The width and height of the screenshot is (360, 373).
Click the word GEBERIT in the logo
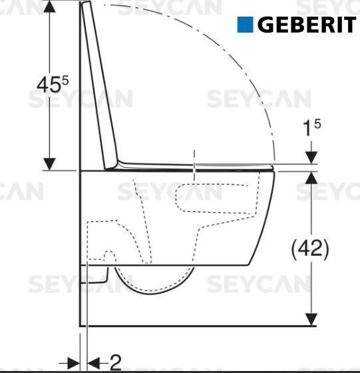306,25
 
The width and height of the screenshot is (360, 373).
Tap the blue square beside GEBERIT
246,25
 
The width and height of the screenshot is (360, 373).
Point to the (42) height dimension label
310,249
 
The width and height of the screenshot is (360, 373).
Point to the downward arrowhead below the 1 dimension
310,157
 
